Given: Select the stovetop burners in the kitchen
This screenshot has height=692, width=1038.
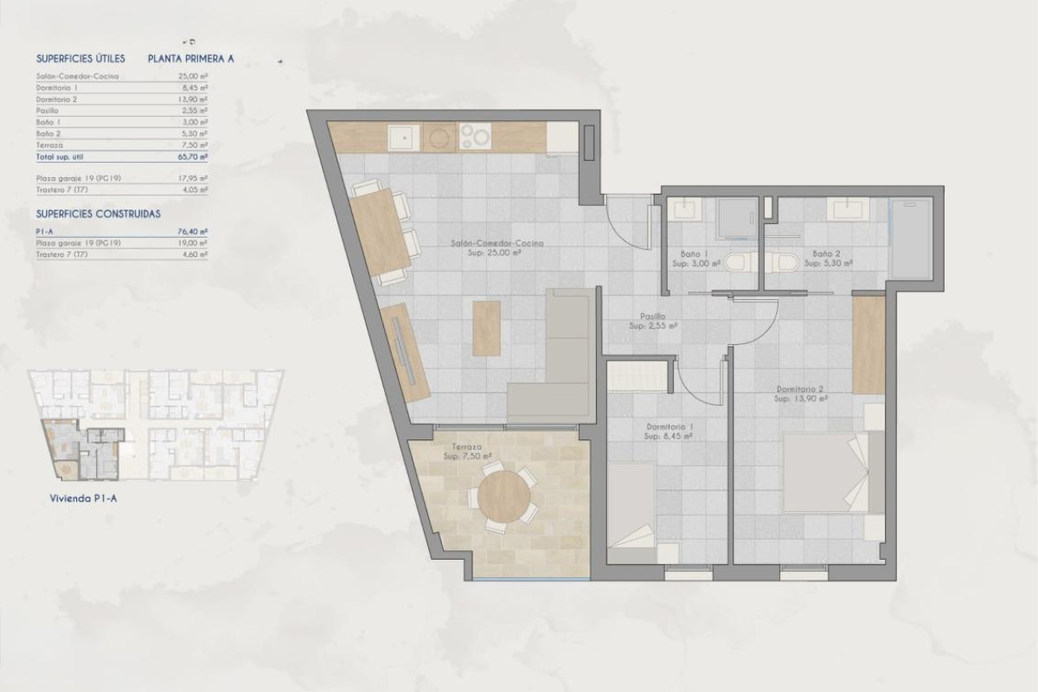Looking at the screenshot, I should [475, 136].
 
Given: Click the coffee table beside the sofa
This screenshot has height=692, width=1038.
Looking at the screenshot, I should [487, 328].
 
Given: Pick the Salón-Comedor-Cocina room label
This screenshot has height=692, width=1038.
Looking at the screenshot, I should [497, 245].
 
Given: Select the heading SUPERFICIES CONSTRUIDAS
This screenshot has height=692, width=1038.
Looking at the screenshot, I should [99, 213].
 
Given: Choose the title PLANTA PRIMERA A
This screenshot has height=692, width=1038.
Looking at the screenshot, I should [191, 59].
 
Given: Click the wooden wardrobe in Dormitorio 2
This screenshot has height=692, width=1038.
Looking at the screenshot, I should [868, 344].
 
